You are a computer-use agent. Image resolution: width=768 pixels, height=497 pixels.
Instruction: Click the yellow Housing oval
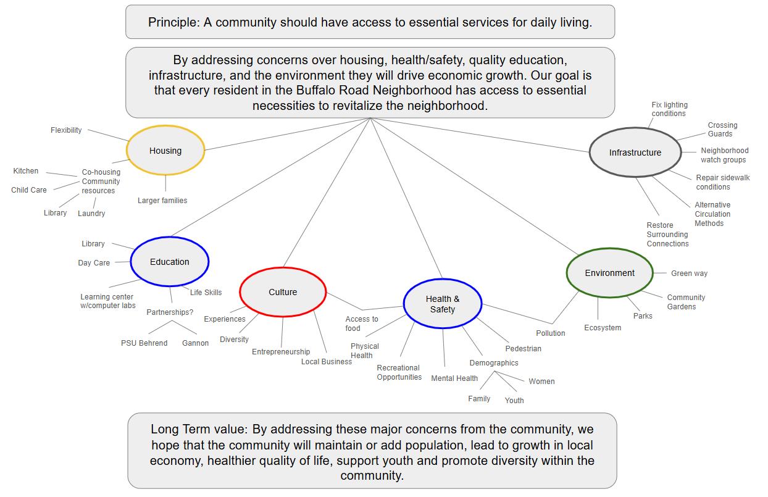165,151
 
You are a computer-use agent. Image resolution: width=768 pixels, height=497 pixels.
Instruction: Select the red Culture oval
283,292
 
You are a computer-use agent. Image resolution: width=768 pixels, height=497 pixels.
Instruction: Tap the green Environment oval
609,273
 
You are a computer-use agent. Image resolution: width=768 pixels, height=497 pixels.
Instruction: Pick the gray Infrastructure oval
635,152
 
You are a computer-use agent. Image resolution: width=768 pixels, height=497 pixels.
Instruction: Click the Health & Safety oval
442,304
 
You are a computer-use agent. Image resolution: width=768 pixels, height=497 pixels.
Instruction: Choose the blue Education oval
169,262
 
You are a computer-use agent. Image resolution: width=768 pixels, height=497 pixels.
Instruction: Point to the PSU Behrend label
144,343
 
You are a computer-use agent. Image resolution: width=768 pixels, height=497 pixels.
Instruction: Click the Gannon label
195,343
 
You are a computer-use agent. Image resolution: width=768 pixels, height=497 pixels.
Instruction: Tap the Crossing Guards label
722,129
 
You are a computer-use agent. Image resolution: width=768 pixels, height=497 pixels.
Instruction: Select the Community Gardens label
686,302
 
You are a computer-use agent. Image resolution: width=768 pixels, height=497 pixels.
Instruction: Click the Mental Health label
454,378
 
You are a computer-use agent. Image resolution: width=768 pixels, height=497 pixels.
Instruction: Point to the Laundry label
91,214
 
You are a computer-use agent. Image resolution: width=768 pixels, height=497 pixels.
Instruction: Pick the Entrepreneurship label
281,352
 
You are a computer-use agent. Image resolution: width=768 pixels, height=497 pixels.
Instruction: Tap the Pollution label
550,333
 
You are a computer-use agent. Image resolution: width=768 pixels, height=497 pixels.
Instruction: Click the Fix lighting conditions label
669,109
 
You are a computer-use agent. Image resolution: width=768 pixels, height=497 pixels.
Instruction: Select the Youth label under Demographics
514,400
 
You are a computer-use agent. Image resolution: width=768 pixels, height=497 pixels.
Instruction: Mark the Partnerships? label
170,312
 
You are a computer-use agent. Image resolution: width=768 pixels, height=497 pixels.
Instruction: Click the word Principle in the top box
171,22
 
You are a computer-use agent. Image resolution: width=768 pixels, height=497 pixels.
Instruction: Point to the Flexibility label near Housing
66,130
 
